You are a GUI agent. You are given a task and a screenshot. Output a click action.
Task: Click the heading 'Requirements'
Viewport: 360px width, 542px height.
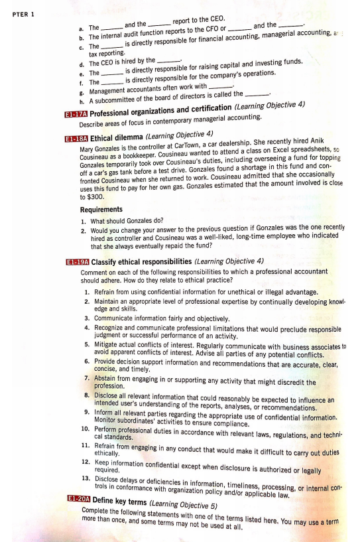coord(101,210)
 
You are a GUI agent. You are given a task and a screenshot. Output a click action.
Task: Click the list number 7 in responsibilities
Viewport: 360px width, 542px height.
coord(87,378)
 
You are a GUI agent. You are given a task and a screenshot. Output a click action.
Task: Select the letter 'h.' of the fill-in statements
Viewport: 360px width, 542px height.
coord(82,102)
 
